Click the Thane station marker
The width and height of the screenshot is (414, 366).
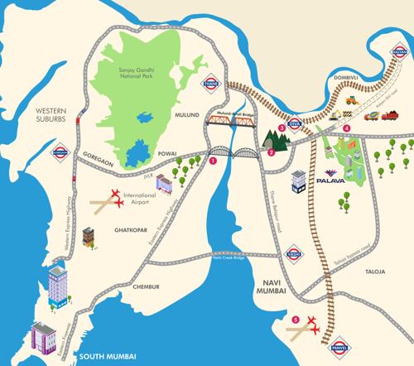point(211,83)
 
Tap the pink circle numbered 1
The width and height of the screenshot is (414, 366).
point(213,162)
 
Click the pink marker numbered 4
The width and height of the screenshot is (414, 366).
point(347,128)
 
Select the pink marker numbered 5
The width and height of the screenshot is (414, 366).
point(296,318)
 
